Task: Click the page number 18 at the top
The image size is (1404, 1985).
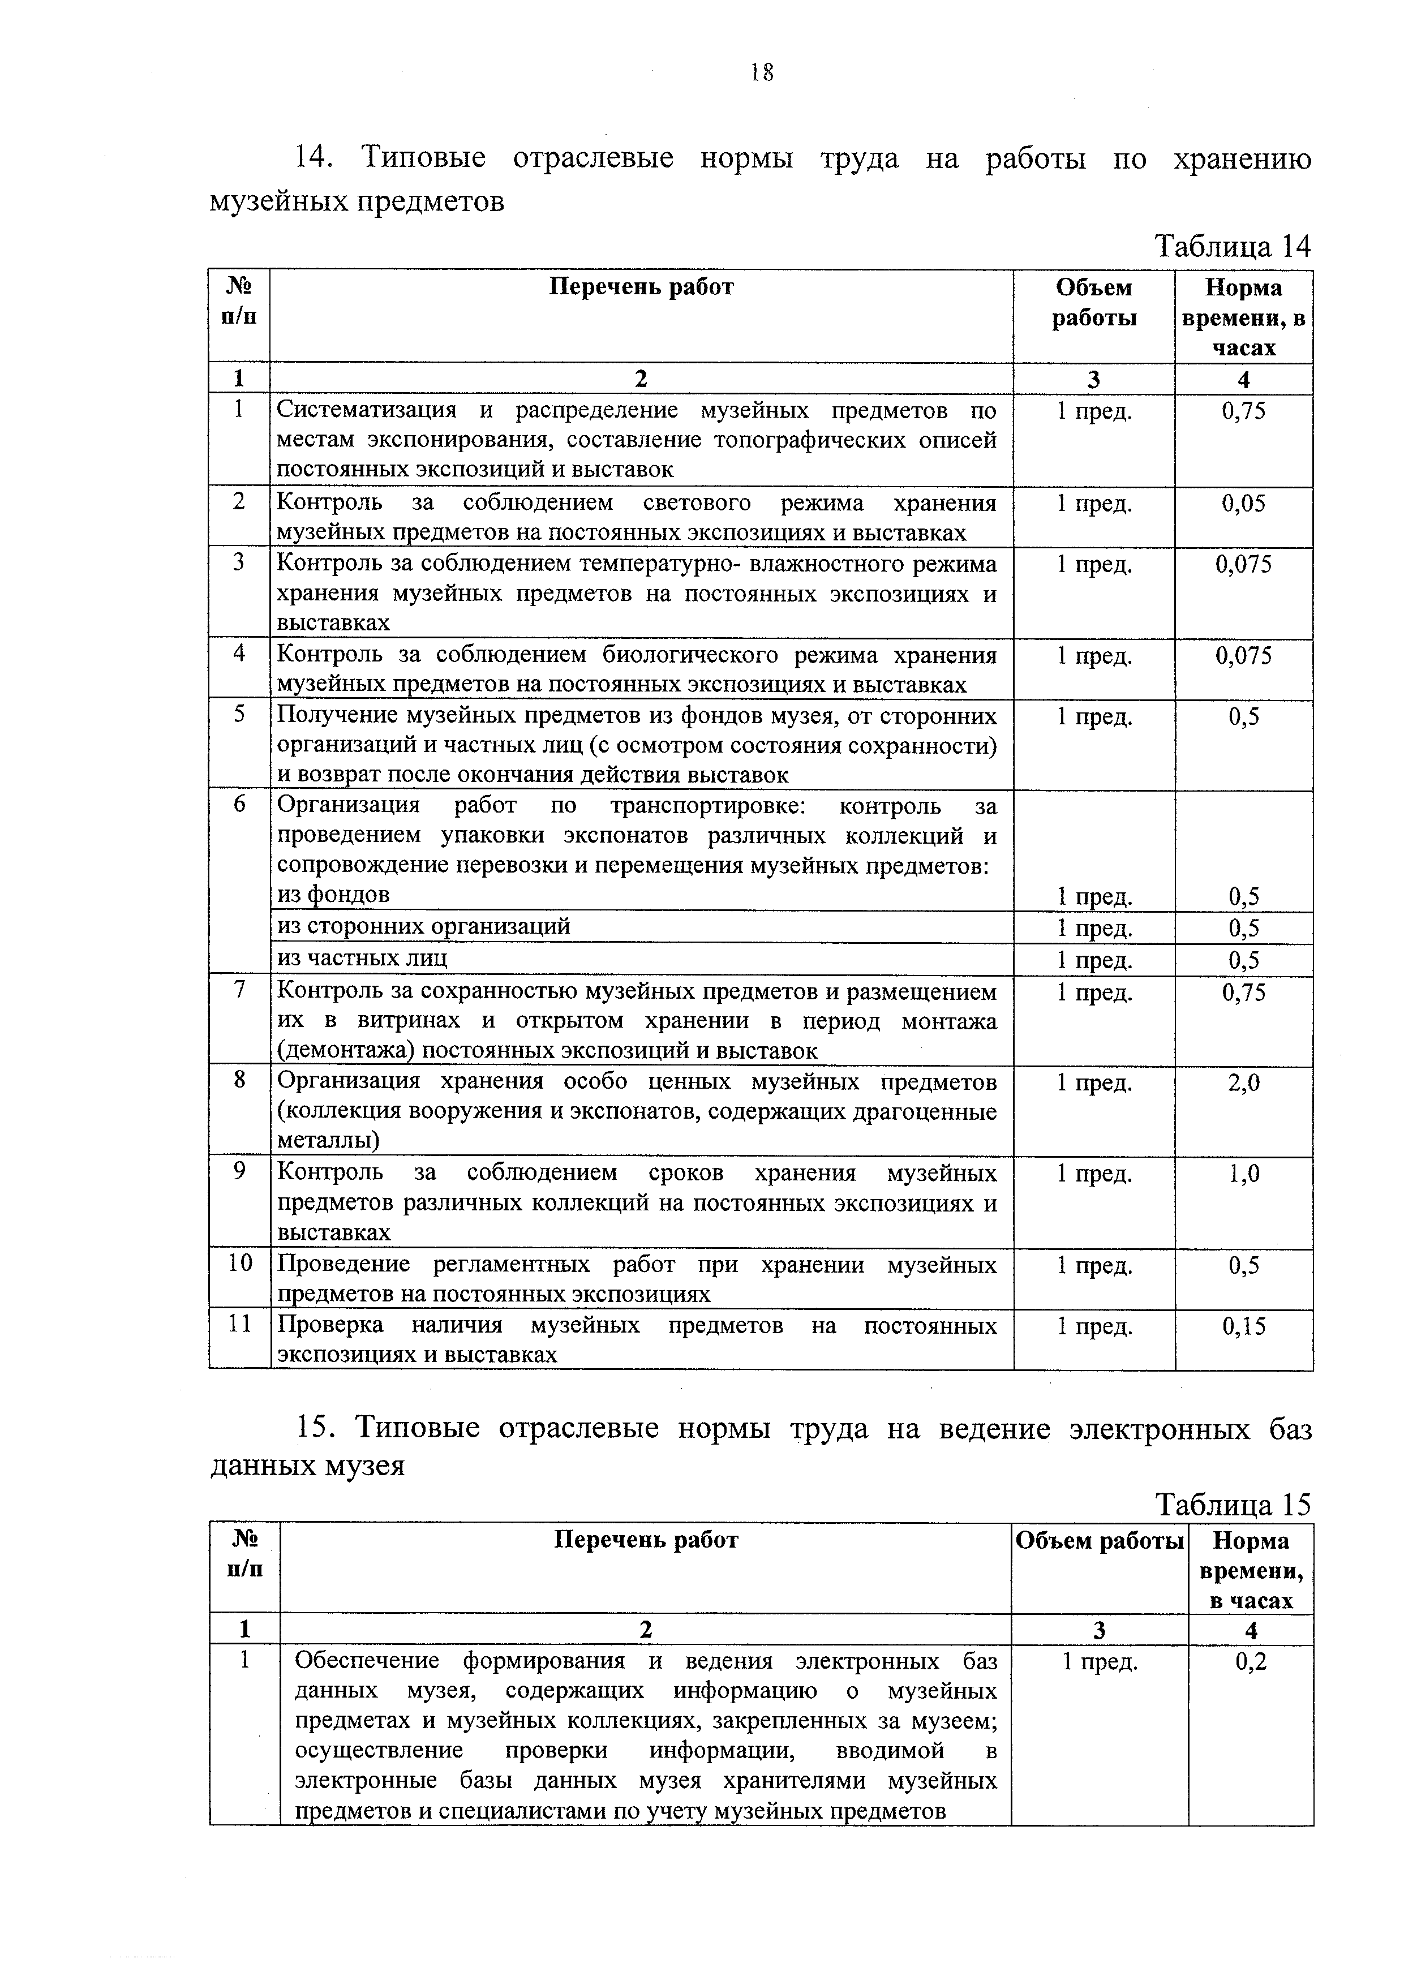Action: [761, 72]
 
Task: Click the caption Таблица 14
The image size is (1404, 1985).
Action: [1233, 247]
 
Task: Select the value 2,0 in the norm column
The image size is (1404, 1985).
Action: [1243, 1082]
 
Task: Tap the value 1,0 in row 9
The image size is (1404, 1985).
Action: [1243, 1173]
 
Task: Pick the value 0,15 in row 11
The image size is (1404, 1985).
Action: [1243, 1325]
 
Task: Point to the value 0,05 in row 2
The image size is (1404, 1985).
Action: [1243, 503]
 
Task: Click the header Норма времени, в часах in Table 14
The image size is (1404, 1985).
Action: [1243, 317]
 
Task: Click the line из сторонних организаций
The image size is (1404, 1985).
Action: [424, 927]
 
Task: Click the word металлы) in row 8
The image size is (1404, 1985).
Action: [329, 1141]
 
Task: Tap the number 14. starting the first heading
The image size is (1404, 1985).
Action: [315, 159]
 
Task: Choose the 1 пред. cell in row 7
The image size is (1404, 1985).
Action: [1094, 992]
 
